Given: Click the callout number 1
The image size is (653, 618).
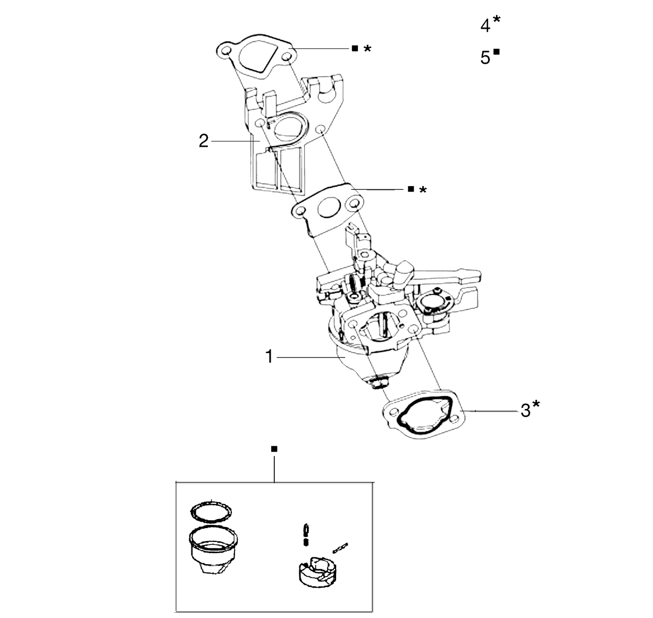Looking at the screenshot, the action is click(269, 357).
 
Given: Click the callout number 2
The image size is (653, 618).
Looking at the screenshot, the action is click(204, 141).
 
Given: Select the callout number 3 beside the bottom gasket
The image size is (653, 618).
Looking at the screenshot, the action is click(525, 411).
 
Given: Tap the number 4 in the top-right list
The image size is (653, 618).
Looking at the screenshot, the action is click(485, 26).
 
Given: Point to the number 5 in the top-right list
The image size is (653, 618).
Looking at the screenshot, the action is click(485, 57).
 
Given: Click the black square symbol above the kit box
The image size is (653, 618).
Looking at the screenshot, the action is click(274, 449).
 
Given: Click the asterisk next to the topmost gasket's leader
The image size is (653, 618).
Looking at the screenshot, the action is click(367, 49).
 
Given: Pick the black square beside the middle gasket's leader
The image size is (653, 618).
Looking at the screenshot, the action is click(411, 189).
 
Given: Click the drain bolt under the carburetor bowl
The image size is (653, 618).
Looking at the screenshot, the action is click(378, 383).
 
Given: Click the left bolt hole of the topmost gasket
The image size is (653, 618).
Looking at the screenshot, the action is click(226, 52).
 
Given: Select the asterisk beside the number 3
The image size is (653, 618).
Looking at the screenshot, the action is click(536, 404).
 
